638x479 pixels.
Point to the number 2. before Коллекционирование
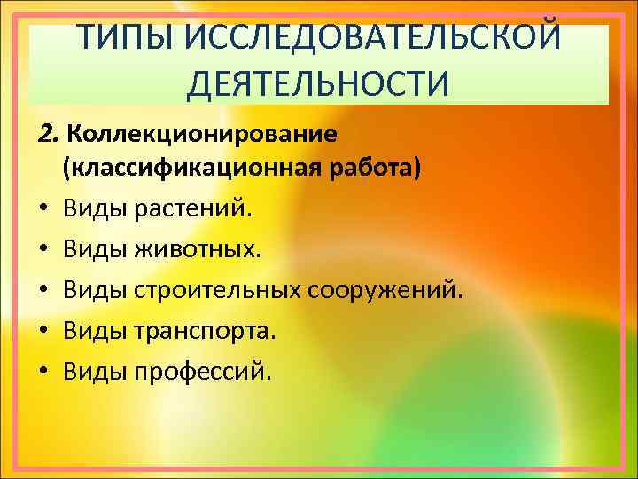[x=48, y=134]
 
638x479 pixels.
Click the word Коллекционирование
[x=202, y=134]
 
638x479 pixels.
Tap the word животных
[x=198, y=250]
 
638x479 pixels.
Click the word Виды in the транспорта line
[x=95, y=330]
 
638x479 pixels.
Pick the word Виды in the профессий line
[x=95, y=370]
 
